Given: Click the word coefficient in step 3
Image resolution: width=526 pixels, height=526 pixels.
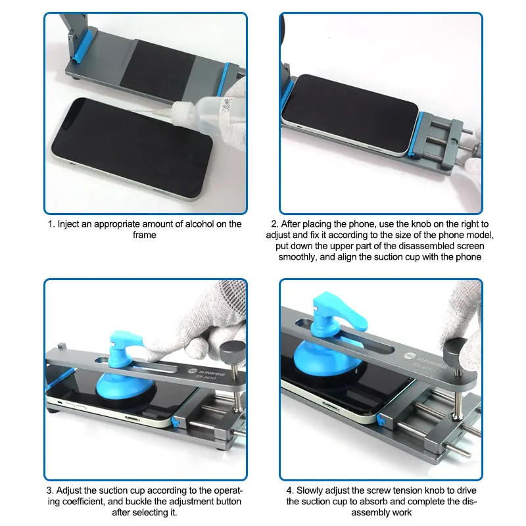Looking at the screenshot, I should pyautogui.click(x=83, y=502).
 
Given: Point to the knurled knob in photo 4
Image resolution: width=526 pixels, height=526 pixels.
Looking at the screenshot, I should pyautogui.click(x=457, y=348).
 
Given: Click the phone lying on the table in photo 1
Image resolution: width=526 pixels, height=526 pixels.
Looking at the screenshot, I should pyautogui.click(x=131, y=147).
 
